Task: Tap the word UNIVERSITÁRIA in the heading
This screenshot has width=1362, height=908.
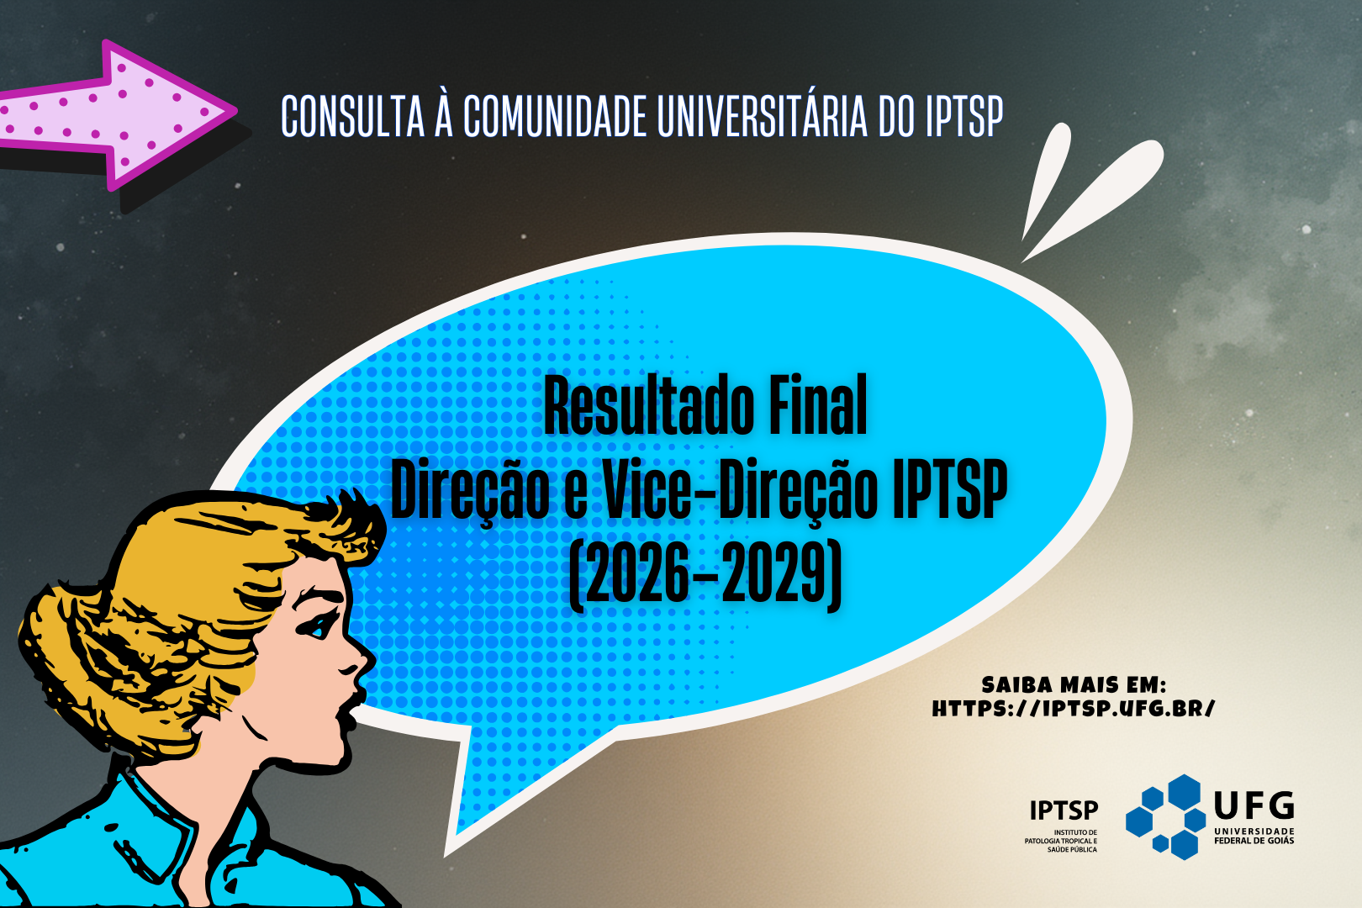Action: point(763,116)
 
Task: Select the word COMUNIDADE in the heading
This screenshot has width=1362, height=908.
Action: point(555,116)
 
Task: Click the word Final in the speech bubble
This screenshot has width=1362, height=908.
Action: point(818,405)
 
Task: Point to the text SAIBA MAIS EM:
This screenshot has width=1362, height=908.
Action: point(1074,685)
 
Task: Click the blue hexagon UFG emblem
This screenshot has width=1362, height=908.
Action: point(1165,816)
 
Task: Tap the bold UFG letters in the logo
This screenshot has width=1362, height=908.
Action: point(1254,806)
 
